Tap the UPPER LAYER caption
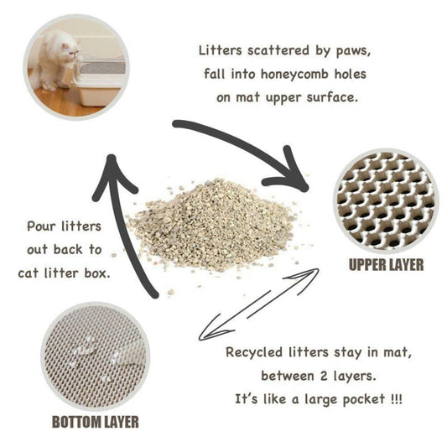pyautogui.click(x=386, y=265)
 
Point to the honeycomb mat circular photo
pyautogui.click(x=386, y=200)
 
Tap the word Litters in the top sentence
pyautogui.click(x=221, y=50)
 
